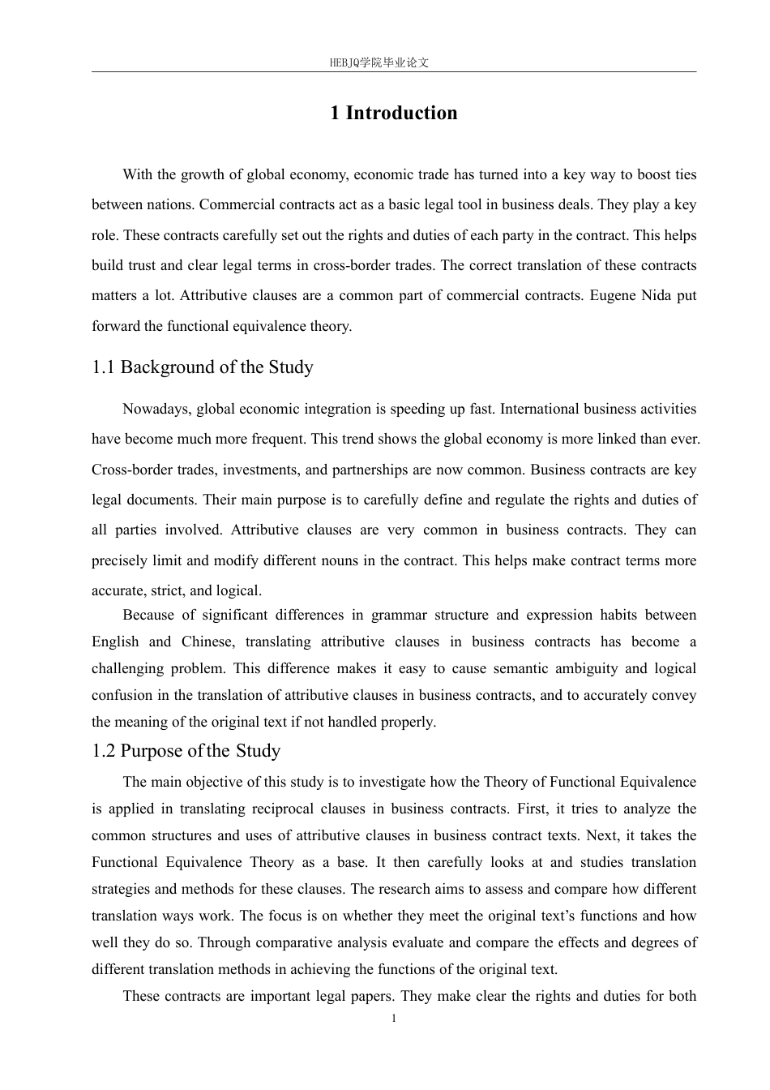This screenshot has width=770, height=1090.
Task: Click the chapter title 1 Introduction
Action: [x=393, y=113]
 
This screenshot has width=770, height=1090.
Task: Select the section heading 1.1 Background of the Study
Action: [x=203, y=367]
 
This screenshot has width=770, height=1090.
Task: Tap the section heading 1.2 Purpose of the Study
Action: [x=186, y=751]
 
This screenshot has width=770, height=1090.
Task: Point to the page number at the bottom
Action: [x=394, y=1019]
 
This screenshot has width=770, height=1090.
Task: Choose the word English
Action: [x=115, y=642]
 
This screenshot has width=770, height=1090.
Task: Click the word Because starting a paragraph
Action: [x=148, y=615]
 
